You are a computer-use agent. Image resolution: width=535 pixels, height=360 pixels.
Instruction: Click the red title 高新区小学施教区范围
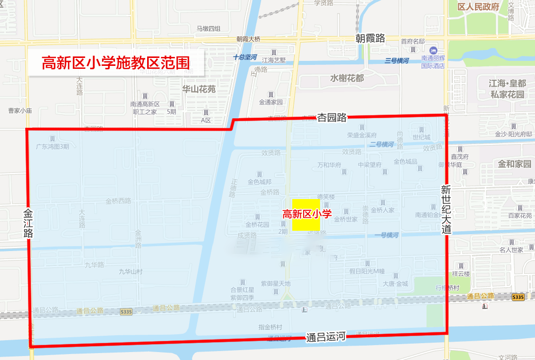coord(116,63)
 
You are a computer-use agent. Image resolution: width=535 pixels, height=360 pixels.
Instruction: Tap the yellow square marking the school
coord(306,214)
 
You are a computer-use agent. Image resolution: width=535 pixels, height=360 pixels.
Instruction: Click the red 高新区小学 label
coord(307,214)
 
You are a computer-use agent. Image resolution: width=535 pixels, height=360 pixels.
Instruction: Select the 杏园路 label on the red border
coord(332,117)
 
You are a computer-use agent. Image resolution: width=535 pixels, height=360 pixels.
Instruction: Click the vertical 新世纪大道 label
coord(446,209)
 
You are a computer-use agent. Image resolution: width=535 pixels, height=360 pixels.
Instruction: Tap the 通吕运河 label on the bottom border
coord(325,337)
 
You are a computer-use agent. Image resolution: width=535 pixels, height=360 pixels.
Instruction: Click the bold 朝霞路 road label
coord(370,38)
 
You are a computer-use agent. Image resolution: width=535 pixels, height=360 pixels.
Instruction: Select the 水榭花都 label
coord(347,78)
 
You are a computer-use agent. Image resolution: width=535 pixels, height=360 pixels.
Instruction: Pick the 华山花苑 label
coord(199,89)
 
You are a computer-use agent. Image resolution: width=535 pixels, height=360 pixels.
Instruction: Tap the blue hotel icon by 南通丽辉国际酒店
coord(433,51)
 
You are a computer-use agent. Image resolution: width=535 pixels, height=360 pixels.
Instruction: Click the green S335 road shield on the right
coord(517,297)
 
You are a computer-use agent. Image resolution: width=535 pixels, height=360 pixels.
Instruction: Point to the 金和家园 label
coord(515,164)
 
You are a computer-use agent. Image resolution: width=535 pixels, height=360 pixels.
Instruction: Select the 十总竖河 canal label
coord(245,57)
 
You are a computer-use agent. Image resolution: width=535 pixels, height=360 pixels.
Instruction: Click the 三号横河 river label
coord(397,60)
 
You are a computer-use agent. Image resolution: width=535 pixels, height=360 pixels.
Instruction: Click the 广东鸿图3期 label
coord(53,147)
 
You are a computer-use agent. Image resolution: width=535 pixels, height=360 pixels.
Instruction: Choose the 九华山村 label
coord(130,271)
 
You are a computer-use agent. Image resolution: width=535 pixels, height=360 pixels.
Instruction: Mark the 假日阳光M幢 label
coord(367,271)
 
